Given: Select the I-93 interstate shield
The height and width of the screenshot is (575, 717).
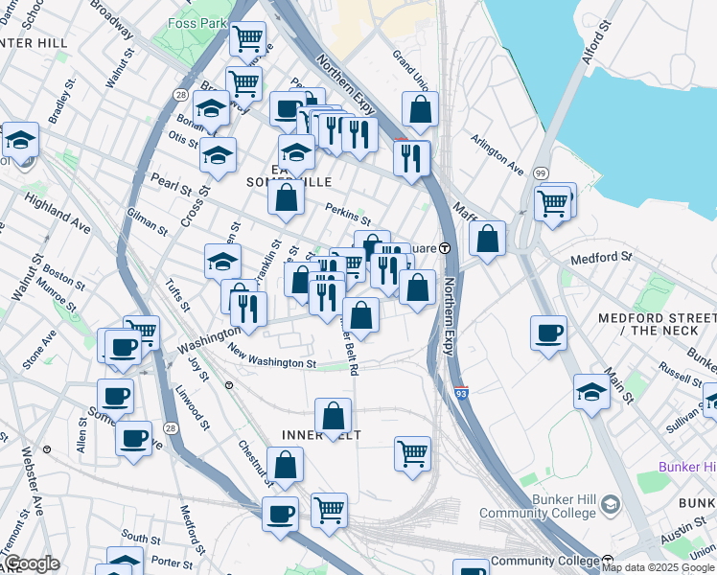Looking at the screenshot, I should point(460,392).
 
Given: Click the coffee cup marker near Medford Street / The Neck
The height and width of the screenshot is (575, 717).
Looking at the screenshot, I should point(549,333).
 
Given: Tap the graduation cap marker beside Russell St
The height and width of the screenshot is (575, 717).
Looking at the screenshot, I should point(592,390).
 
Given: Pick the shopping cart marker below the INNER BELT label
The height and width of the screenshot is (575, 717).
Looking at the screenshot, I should point(412,452).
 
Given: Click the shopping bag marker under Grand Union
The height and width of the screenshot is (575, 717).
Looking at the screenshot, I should point(420,110).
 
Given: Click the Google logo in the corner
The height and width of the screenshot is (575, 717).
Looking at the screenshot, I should point(31,563).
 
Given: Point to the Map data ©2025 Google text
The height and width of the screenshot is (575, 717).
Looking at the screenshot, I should point(658,567).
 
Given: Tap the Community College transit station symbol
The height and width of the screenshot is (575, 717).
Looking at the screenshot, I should point(608,561).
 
